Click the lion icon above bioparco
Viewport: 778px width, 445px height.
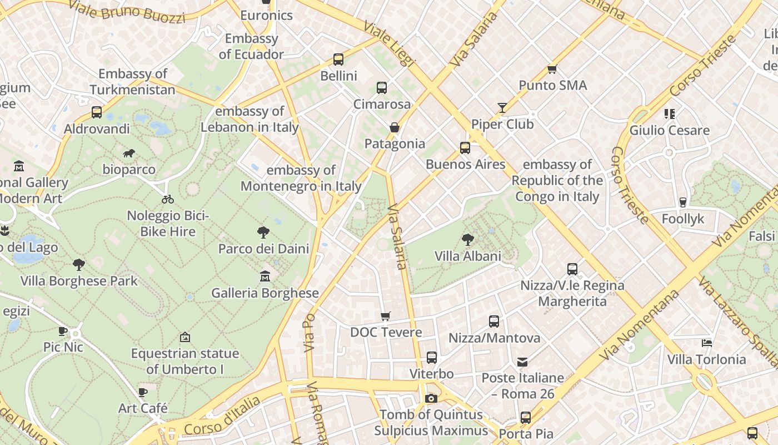point(129,153)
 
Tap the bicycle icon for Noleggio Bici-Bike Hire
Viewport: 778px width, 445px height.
point(168,199)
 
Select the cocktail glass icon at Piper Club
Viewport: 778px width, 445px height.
point(502,107)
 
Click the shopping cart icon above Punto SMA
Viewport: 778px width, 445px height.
point(552,69)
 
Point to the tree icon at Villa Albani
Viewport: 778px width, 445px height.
point(468,240)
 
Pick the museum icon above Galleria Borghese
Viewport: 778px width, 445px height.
point(265,276)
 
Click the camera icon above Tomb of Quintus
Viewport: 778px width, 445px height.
point(431,398)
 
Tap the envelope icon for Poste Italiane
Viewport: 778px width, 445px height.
point(522,362)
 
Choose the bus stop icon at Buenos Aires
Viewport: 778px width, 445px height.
point(465,148)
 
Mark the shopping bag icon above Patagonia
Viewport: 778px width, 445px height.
point(395,127)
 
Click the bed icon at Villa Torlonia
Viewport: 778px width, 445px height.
point(706,343)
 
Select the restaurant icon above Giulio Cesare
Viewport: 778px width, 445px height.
point(669,114)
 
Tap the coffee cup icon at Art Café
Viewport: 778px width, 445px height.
point(143,392)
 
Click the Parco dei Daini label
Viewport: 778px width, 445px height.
point(263,249)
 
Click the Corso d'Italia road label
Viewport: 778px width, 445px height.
point(222,417)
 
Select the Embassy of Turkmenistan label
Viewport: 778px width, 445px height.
point(132,82)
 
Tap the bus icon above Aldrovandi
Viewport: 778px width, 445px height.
point(97,112)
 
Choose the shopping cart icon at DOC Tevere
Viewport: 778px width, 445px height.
point(386,316)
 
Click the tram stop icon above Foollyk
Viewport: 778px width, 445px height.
point(683,202)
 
